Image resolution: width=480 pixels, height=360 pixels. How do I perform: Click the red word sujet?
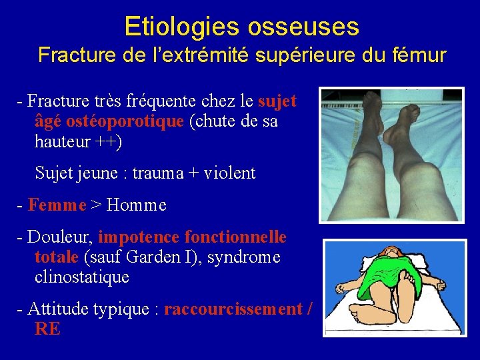[277, 101]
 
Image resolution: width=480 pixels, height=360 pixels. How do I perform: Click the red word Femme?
[57, 205]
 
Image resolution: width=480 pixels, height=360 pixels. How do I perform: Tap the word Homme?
[136, 205]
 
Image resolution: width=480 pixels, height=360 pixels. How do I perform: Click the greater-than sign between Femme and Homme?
[96, 205]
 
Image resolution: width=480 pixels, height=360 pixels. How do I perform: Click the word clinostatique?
[81, 277]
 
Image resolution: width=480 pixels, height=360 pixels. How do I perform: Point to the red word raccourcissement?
[233, 309]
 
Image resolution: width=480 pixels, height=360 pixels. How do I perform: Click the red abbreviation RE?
[47, 329]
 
